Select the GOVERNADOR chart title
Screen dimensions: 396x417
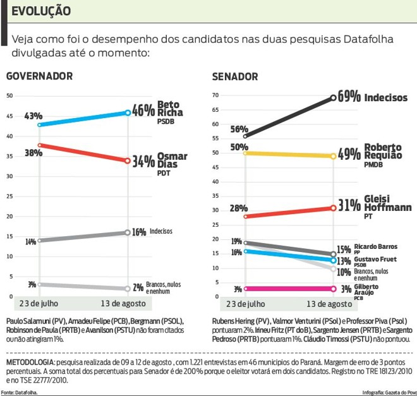click(39, 77)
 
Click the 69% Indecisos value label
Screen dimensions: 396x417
click(349, 97)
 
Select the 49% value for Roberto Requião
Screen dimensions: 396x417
click(349, 155)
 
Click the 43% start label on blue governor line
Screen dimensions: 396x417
click(33, 116)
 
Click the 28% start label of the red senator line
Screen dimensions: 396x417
click(238, 208)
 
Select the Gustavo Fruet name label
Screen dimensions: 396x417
click(376, 259)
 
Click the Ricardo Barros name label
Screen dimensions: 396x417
click(376, 246)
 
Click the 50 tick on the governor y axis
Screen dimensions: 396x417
click(9, 96)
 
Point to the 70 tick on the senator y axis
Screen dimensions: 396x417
click(215, 96)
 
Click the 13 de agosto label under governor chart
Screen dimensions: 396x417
click(128, 304)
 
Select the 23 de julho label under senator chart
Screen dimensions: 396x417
click(246, 304)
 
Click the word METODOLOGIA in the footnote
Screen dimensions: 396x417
click(29, 363)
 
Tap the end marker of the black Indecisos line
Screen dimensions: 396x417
click(334, 97)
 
